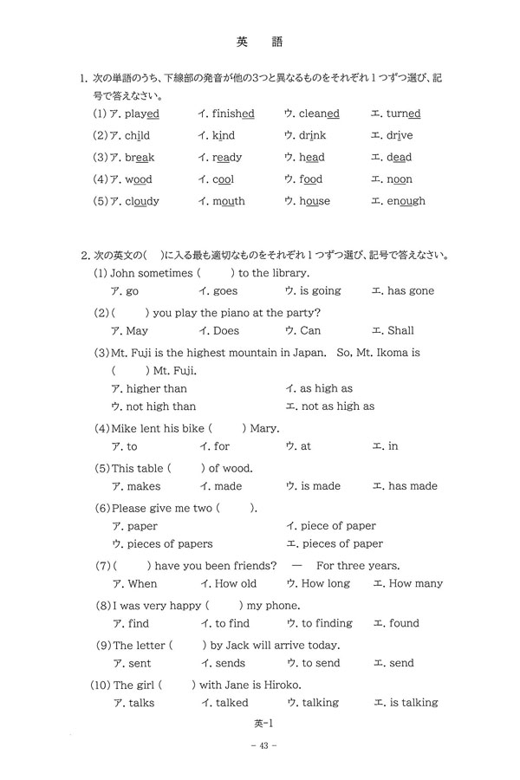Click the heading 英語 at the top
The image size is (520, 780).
click(x=259, y=41)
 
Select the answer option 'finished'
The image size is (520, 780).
click(x=233, y=114)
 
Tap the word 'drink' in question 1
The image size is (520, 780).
click(x=312, y=135)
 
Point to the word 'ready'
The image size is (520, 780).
click(x=227, y=157)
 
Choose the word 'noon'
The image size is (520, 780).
click(x=399, y=179)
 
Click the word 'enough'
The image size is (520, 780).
click(x=406, y=201)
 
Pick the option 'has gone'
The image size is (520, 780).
click(x=411, y=291)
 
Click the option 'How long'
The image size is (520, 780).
click(x=325, y=583)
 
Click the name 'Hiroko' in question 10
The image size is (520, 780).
click(x=293, y=685)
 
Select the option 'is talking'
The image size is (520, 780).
click(x=413, y=703)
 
